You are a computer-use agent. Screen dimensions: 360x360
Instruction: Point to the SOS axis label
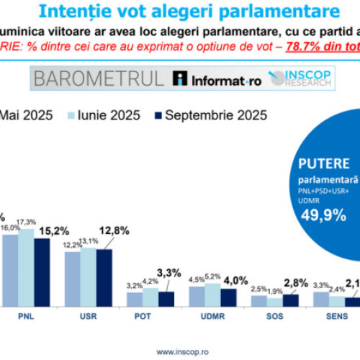pos(274,315)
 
